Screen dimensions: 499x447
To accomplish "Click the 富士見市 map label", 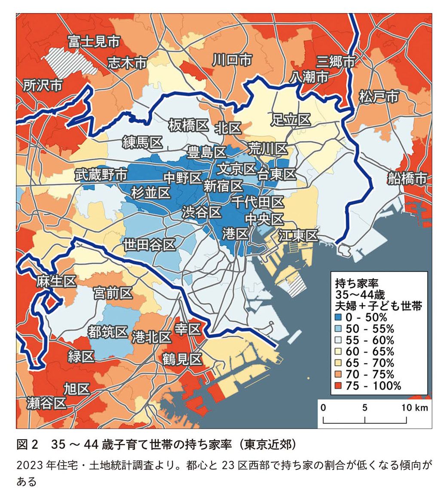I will point(94,42).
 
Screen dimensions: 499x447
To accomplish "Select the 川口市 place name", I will point(232,60).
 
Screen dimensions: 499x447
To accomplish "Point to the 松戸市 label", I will point(380,96).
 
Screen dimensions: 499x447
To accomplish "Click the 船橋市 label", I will point(407,177).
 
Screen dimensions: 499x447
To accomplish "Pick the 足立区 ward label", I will point(291,120).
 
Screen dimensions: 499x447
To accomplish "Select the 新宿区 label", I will point(223,186).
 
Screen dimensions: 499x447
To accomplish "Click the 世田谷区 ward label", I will point(150,245).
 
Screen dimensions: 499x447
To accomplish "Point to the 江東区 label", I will point(298,235).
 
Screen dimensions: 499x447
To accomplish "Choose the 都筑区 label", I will point(107,332).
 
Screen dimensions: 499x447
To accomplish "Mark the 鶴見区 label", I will point(182,359).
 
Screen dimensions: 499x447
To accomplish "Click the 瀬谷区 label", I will point(46,403).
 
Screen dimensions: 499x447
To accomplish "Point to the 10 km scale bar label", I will point(414,408).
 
